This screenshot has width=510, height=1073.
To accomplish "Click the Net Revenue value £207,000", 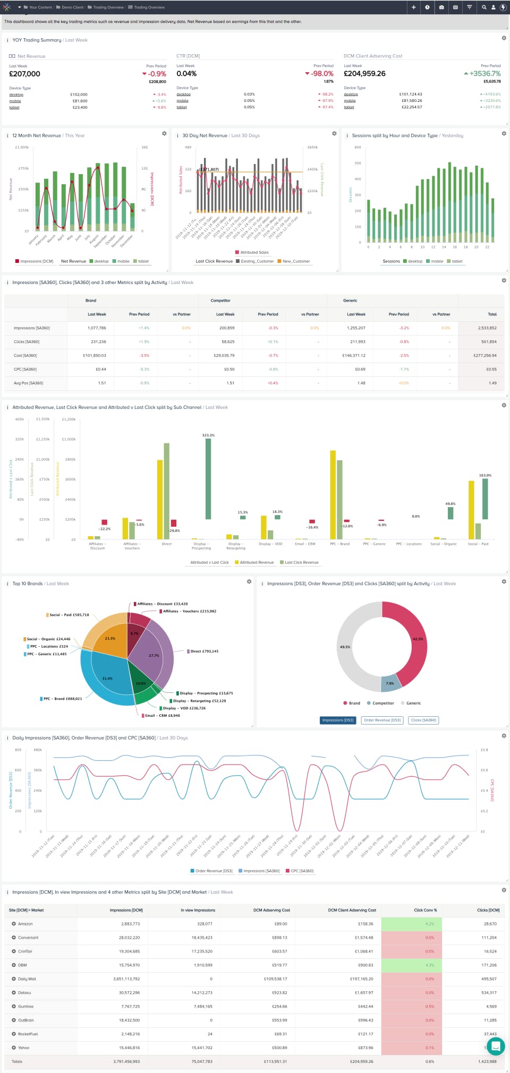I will click(x=24, y=74).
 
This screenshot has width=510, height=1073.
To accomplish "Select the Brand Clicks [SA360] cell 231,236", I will click(x=98, y=342).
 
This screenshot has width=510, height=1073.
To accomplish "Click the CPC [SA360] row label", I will click(x=25, y=370).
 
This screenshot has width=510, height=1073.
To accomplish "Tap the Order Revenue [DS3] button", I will click(x=382, y=720).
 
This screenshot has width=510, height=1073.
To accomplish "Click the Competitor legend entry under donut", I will click(x=382, y=703).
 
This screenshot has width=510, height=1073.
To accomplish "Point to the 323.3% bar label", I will click(x=208, y=435).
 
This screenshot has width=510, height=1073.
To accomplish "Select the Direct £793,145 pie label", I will click(x=204, y=651).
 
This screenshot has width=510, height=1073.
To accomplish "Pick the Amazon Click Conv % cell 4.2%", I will click(x=429, y=924).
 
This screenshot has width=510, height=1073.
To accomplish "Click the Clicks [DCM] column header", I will click(x=488, y=910).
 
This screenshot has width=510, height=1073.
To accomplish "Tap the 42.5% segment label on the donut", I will click(x=418, y=639).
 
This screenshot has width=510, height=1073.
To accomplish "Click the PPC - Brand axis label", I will click(x=339, y=544).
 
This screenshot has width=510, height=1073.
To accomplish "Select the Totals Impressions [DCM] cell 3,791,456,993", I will click(x=126, y=1062).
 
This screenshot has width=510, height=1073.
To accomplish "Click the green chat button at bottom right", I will click(x=495, y=1046).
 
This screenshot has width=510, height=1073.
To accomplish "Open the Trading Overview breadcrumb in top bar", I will click(x=149, y=7).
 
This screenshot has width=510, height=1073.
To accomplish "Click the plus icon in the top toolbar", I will click(x=413, y=7).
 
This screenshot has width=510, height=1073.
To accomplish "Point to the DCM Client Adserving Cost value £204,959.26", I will click(x=364, y=74).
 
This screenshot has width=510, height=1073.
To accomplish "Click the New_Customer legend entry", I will click(x=296, y=261).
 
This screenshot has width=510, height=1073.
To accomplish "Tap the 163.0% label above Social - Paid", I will click(x=485, y=476).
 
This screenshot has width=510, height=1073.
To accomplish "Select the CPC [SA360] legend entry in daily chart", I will click(x=302, y=871).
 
